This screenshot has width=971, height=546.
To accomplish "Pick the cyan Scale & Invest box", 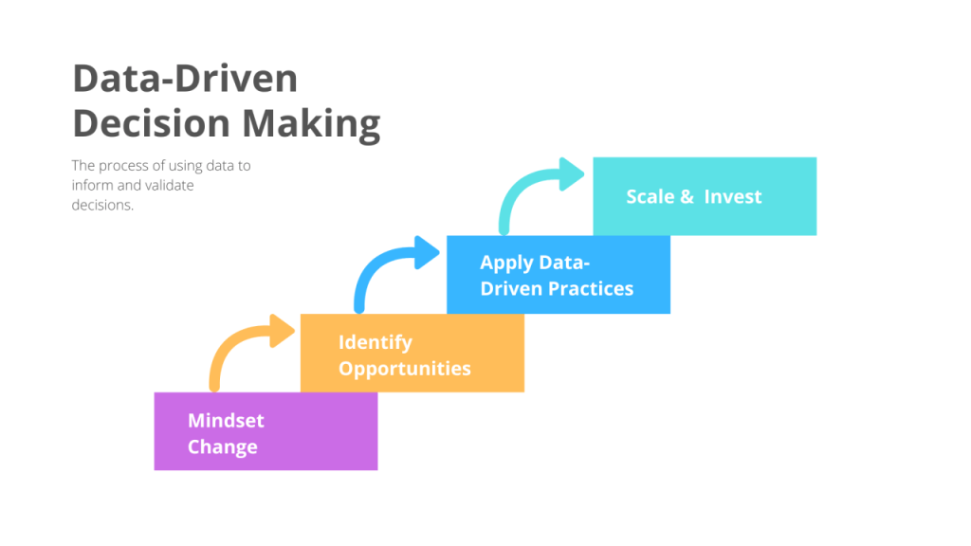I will click(x=704, y=197).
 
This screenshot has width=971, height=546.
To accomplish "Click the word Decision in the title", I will click(x=152, y=124).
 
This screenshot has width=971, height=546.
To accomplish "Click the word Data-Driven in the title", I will click(x=185, y=79).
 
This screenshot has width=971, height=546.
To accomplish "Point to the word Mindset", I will click(x=226, y=420).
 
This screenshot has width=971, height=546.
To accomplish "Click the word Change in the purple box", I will click(x=222, y=447).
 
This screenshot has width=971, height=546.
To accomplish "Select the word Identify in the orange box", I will click(x=376, y=342).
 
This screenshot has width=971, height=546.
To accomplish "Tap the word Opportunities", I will click(x=405, y=369).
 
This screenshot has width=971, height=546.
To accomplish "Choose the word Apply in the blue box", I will click(x=505, y=263).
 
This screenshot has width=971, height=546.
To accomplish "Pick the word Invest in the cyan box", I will click(x=733, y=197).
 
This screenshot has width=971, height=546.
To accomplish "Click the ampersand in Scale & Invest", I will click(x=687, y=197).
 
